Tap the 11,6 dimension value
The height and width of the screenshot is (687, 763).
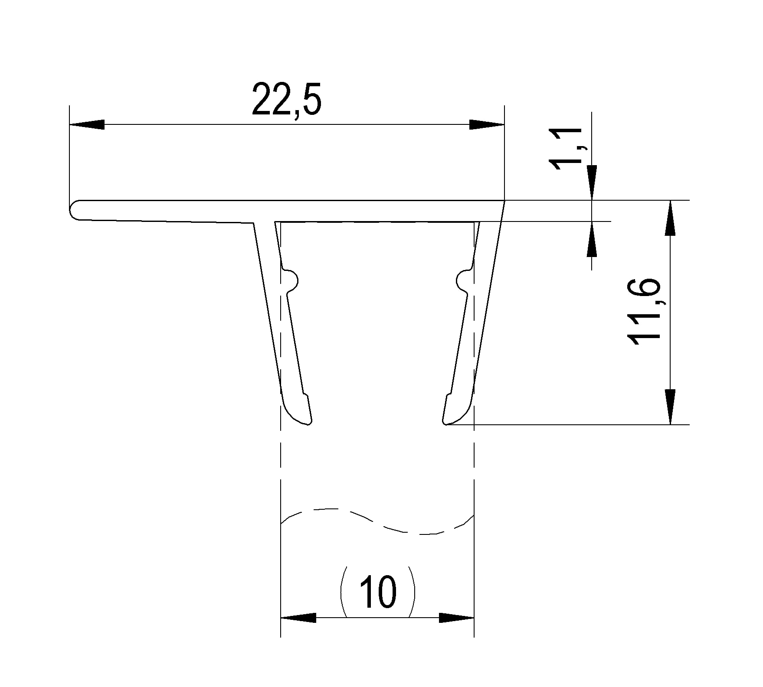coord(644,312)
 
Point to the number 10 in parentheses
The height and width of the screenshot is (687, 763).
coord(378,591)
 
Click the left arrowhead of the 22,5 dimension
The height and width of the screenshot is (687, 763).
coord(87,124)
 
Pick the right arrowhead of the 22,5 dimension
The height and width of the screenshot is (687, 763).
coord(487,124)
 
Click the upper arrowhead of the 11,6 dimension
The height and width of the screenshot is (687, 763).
coord(670,218)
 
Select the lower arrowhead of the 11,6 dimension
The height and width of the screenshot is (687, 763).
coord(670,407)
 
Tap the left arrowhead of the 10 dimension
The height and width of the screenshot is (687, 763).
coord(298,618)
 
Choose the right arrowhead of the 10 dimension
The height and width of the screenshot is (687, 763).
coord(456,618)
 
